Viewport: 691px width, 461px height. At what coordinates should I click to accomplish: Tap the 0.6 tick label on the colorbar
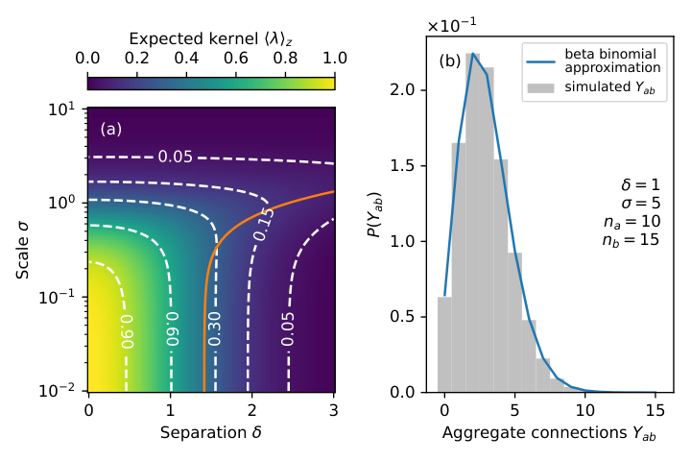click(x=236, y=59)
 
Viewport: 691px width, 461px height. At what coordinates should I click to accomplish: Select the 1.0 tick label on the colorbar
click(x=335, y=59)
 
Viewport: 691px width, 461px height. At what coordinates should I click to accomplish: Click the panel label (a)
click(x=111, y=129)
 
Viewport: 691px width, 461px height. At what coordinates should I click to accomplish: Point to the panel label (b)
click(x=450, y=61)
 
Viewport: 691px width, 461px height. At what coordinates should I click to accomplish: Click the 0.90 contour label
click(x=127, y=330)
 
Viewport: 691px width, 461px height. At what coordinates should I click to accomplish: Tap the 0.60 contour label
click(x=172, y=328)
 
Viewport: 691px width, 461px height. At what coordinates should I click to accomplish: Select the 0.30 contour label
click(x=215, y=328)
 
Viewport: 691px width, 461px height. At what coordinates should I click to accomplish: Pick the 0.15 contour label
click(x=264, y=225)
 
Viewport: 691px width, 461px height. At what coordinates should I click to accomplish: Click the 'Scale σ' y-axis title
click(x=22, y=250)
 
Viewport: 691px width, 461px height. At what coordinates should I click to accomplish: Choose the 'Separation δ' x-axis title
click(x=210, y=432)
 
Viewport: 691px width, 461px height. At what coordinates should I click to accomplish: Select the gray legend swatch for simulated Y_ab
click(x=540, y=87)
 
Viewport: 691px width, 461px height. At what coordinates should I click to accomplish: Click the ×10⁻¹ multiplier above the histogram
click(x=452, y=26)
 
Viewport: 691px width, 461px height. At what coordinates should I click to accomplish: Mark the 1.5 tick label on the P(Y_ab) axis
click(x=402, y=166)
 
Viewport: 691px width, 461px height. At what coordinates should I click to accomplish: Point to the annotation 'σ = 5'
click(x=641, y=203)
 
